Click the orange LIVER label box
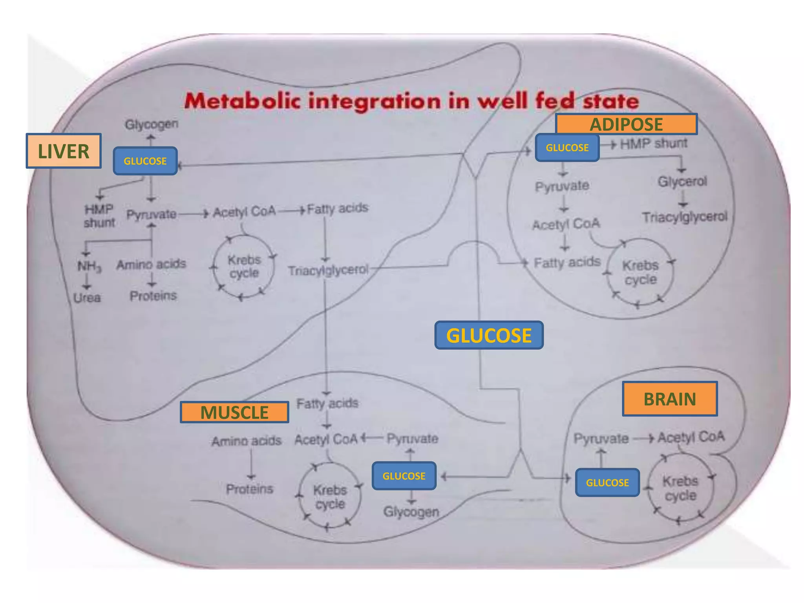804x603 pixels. coord(64,151)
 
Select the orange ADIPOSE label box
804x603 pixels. coord(626,124)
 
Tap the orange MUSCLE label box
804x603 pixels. coord(234,412)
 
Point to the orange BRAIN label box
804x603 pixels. coord(670,399)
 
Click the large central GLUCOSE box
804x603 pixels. coord(489,335)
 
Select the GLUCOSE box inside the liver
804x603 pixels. coord(145,161)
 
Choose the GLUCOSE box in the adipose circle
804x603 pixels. coord(567,148)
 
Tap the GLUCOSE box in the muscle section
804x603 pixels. coord(404,476)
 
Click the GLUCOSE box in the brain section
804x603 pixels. coord(607,482)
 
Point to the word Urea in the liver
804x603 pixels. coord(87,298)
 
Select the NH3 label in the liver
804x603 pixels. coord(89,267)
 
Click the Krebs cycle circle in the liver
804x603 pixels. coord(244,267)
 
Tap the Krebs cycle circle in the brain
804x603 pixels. coord(680,488)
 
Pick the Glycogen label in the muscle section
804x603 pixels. coord(411,512)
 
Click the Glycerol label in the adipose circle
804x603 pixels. coord(682,182)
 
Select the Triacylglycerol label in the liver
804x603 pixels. coord(328,270)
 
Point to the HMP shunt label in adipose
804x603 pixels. coord(654,144)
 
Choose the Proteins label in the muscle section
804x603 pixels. coord(249,489)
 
